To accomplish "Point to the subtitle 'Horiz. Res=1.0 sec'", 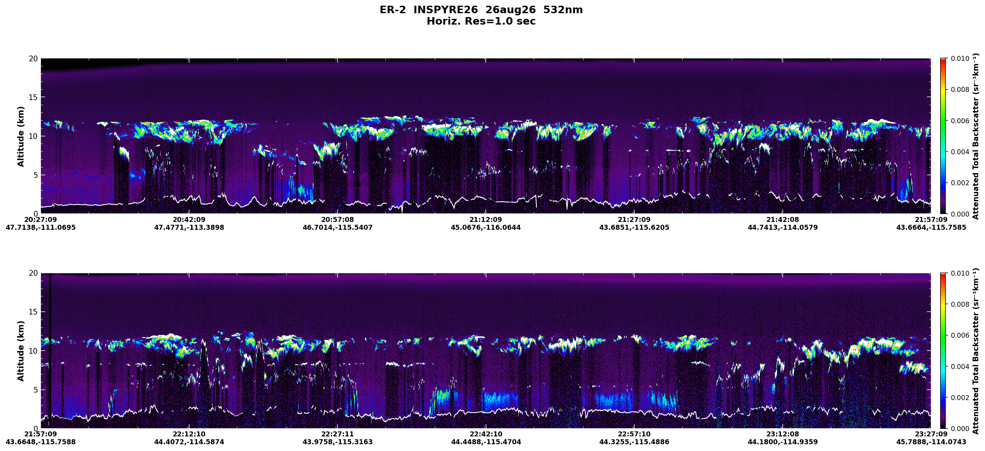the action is point(481,21).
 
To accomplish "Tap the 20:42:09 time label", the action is point(189,219).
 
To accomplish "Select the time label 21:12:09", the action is point(486,219).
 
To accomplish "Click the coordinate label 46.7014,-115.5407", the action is point(338,228).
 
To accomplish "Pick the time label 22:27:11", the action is point(337,434).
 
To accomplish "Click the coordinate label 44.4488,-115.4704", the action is point(486,442).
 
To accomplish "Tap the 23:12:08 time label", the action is point(783,434).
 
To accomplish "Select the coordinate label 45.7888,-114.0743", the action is point(931,442).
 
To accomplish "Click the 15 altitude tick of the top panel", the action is point(33,98).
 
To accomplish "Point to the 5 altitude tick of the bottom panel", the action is point(36,390).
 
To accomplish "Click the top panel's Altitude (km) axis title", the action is point(21,136).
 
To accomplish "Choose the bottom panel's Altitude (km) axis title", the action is point(21,351).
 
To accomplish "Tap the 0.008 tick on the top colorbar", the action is point(960,90).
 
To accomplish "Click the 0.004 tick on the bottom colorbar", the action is point(960,367).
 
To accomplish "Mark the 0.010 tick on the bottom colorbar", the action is point(960,274).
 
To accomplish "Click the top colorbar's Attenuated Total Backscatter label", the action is point(975,136).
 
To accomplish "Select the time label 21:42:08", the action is point(783,219).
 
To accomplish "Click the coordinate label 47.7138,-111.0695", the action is point(41,228).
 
